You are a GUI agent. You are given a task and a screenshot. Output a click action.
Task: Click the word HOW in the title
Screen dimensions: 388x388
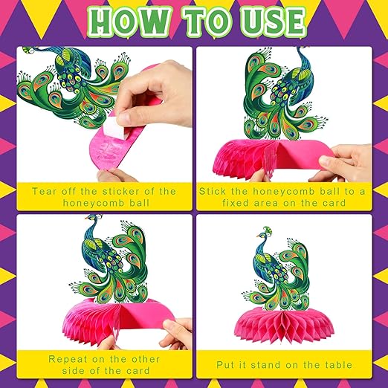coord(129,22)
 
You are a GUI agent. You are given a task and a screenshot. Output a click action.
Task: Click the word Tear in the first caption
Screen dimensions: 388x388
coord(45,191)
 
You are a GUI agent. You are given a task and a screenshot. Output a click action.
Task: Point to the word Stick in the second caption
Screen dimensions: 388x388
coord(213,191)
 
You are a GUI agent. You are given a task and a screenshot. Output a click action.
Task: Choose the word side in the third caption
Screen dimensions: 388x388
coord(72,371)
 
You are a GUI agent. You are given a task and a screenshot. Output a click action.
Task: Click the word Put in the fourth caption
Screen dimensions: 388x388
coord(224,365)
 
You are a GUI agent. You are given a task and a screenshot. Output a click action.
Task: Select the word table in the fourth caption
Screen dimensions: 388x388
coord(339,365)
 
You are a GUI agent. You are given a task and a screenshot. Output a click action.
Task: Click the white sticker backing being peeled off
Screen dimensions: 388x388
coord(113,128)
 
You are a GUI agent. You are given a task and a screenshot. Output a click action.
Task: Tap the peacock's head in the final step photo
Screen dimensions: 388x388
coord(262,235)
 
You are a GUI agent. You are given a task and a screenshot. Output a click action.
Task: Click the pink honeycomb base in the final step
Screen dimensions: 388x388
coord(284,323)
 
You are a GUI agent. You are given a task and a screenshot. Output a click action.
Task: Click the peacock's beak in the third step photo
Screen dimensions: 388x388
coord(86,219)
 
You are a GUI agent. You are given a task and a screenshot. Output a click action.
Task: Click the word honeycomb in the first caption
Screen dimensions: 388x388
coord(94,203)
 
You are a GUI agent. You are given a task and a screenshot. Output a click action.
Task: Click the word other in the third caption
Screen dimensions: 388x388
coord(146,359)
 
